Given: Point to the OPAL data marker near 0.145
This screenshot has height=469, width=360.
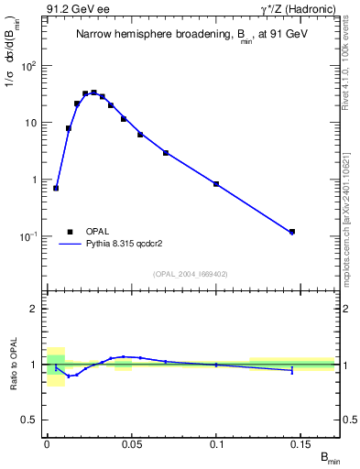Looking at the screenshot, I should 292,232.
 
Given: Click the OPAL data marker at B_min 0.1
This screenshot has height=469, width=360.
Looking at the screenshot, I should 216,184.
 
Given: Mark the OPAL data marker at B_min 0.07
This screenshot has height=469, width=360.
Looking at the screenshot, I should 166,153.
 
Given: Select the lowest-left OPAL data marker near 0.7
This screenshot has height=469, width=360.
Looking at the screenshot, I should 56,188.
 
